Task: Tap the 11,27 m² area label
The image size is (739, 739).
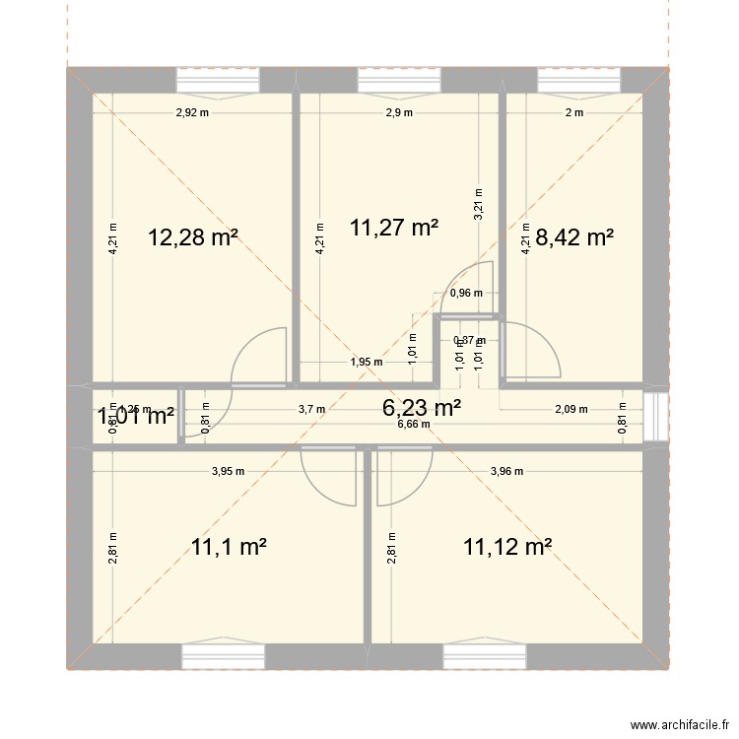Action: tap(394, 228)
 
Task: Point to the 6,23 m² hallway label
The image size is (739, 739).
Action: tap(422, 407)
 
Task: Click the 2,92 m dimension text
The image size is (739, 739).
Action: tap(193, 112)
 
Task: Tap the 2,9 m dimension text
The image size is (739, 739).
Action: tap(399, 112)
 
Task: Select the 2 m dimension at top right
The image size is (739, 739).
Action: tap(573, 112)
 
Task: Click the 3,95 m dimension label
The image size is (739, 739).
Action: tap(228, 471)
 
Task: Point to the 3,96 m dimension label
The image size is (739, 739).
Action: tap(507, 471)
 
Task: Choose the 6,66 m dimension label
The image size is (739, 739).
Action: tap(414, 425)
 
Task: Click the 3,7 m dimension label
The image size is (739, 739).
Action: tap(311, 409)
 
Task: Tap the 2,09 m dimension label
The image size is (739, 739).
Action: tap(571, 409)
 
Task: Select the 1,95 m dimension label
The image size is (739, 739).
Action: tap(366, 362)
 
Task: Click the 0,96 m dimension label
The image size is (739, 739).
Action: tap(466, 293)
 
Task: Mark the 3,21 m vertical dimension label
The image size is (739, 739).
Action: tap(479, 205)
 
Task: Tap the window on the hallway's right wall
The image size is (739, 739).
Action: tap(650, 409)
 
